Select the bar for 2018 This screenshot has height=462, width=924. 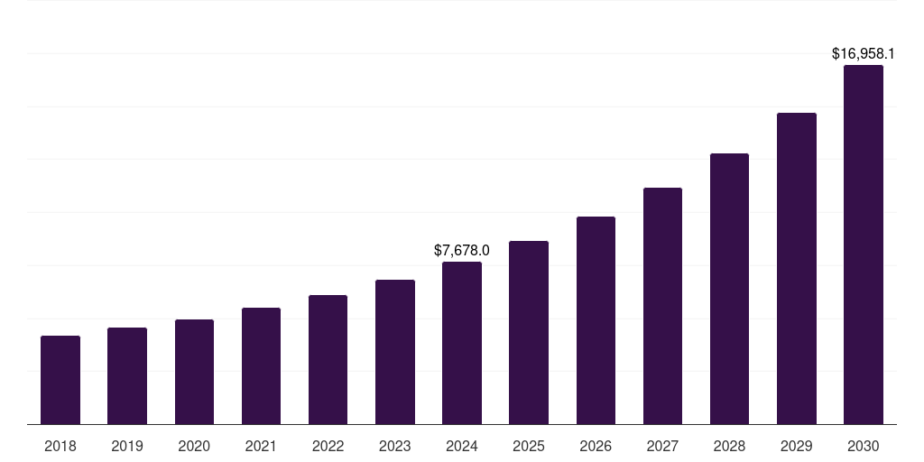(x=60, y=380)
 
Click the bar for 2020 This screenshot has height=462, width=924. (x=194, y=372)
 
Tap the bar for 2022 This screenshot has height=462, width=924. (x=328, y=359)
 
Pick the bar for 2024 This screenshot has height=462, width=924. (x=462, y=343)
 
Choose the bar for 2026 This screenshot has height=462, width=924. (x=596, y=320)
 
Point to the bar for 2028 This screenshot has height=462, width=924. (x=729, y=289)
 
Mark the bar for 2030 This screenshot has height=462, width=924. (x=864, y=245)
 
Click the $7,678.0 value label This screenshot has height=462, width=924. (x=462, y=250)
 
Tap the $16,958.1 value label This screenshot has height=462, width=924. (x=864, y=54)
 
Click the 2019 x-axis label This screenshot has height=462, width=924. (x=127, y=446)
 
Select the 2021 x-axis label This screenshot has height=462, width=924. (x=261, y=446)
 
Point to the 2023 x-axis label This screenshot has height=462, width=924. (x=395, y=446)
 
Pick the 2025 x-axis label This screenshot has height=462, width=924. (x=529, y=446)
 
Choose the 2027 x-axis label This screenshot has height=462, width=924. (x=662, y=446)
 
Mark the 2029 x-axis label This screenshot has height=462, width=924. (x=797, y=446)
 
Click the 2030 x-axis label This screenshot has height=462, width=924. (x=864, y=446)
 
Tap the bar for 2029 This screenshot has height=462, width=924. (x=797, y=268)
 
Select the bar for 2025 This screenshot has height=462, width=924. (x=529, y=332)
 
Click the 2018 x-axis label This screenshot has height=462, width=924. (x=60, y=446)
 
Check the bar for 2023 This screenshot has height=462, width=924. (x=395, y=352)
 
